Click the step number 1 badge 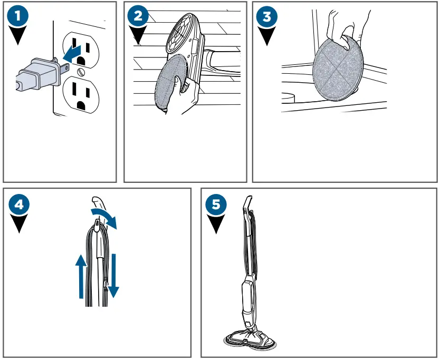tap(18, 16)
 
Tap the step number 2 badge tap(138, 16)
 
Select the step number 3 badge tap(267, 16)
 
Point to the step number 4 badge tap(19, 205)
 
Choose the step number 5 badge tap(216, 205)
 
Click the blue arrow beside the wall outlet tap(72, 54)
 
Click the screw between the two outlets tap(81, 72)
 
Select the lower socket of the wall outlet tap(81, 95)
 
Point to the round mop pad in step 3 tap(338, 69)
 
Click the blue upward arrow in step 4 tap(81, 276)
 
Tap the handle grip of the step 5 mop tap(247, 204)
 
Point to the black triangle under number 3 tap(267, 36)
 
